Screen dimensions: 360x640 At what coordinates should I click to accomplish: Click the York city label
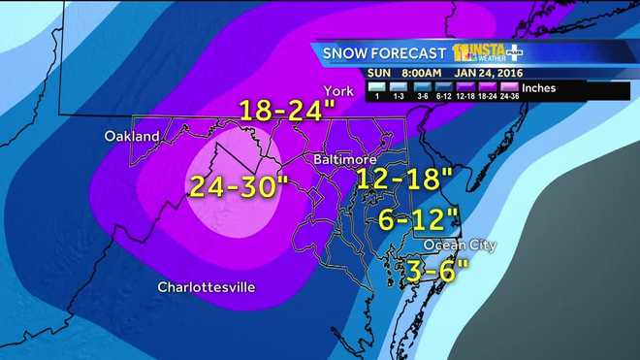pyautogui.click(x=336, y=91)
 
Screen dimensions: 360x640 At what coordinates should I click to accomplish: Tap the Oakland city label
pyautogui.click(x=131, y=137)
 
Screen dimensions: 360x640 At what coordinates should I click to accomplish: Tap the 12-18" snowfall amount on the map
pyautogui.click(x=403, y=179)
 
